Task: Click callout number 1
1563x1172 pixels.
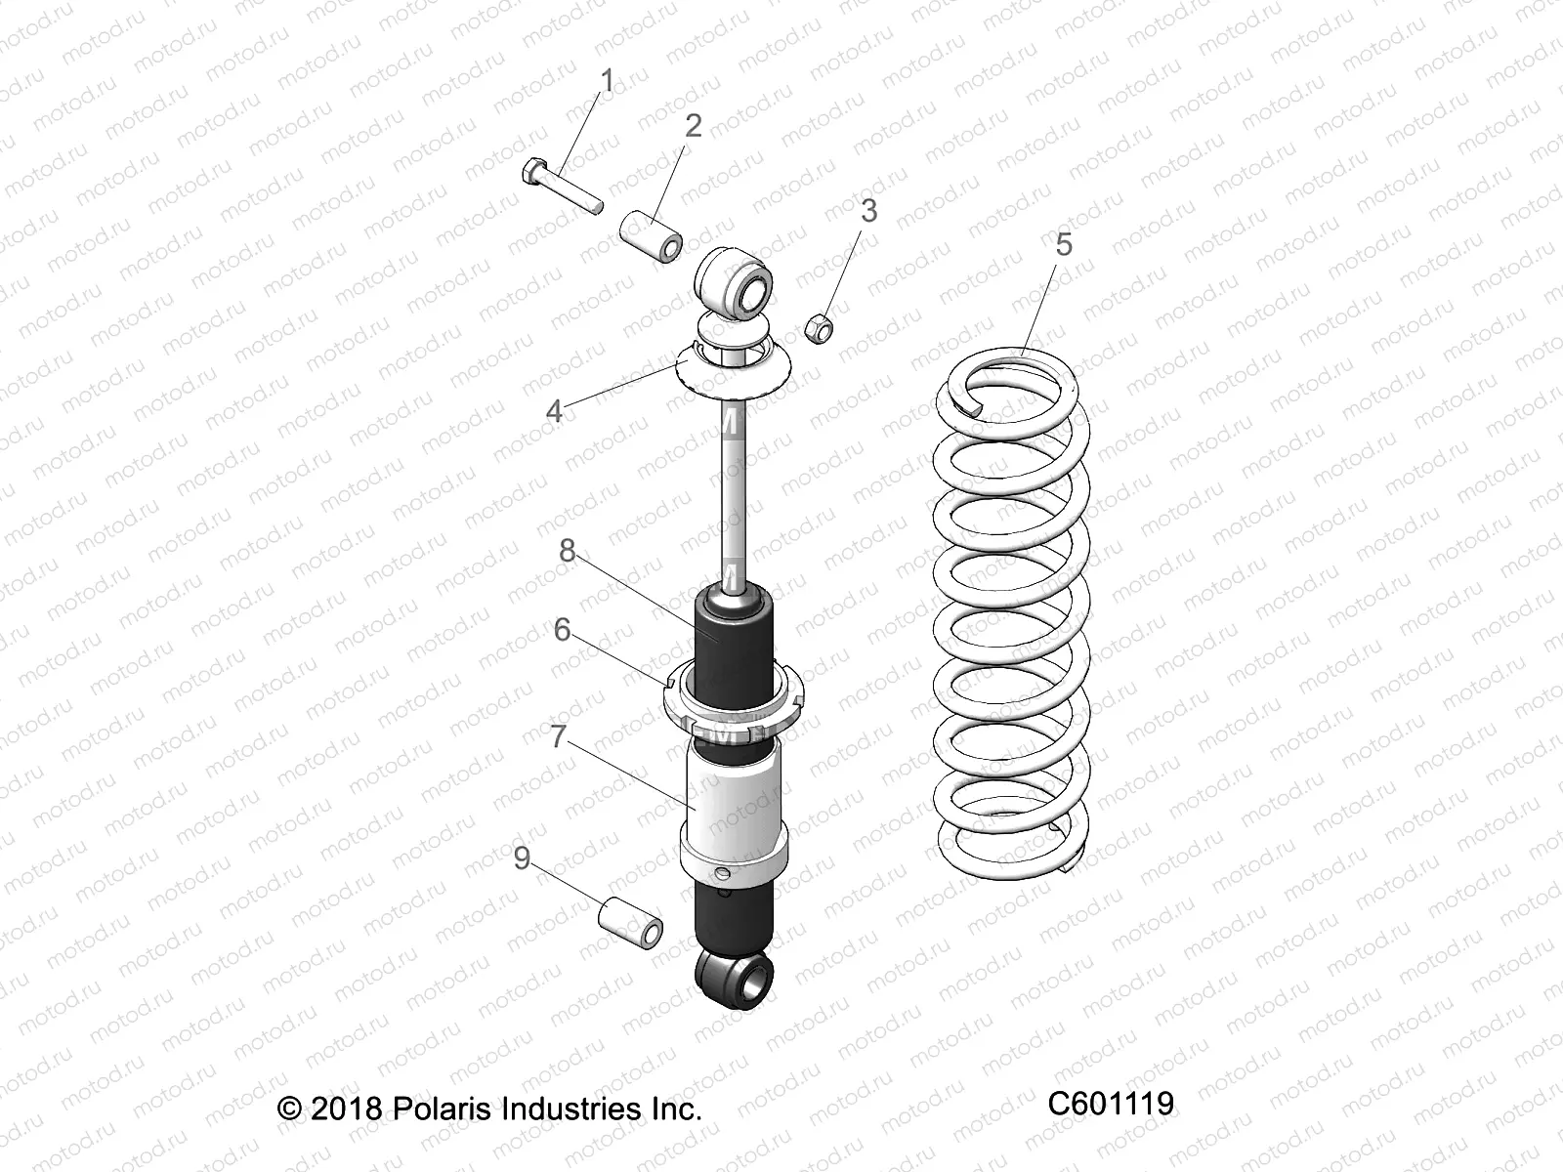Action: [x=607, y=82]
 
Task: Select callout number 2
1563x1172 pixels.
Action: [x=693, y=125]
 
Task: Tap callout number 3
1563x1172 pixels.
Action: [x=867, y=211]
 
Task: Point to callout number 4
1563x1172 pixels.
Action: [x=554, y=411]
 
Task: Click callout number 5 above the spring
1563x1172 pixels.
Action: [x=1064, y=244]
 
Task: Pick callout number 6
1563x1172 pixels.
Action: [x=562, y=630]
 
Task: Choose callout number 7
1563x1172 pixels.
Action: [x=558, y=736]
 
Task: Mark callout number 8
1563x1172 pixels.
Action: [x=567, y=551]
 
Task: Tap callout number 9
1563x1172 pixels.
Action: [x=522, y=858]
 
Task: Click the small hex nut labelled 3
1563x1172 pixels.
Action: [x=819, y=328]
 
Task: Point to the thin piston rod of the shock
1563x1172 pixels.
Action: [x=734, y=488]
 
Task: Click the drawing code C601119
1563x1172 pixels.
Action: [x=1111, y=1105]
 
